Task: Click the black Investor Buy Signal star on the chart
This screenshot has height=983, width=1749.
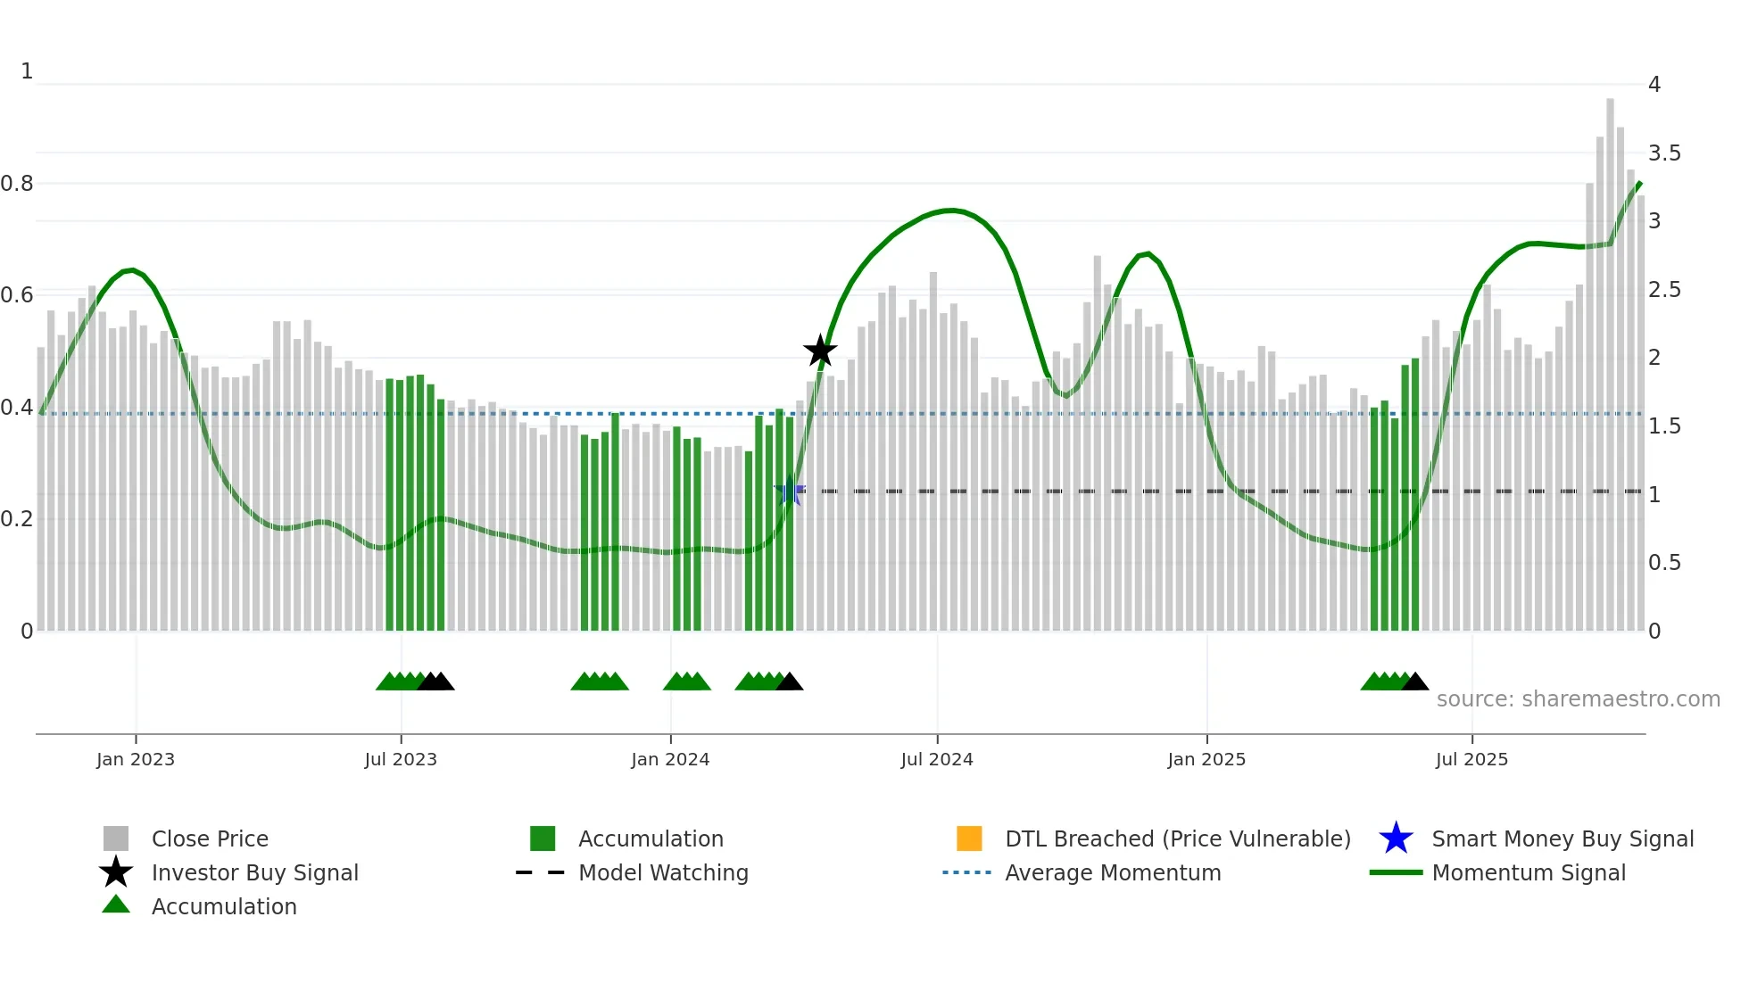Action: (820, 351)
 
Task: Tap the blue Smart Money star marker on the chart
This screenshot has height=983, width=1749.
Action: (790, 491)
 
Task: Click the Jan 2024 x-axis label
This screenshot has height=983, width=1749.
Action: (670, 759)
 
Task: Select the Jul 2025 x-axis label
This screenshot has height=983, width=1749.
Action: (1471, 759)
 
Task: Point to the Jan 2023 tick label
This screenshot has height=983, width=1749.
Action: (136, 759)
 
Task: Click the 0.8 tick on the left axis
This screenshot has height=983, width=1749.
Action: (17, 184)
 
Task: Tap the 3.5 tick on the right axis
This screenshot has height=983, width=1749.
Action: (1664, 153)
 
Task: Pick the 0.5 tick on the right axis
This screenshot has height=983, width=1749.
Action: (1664, 563)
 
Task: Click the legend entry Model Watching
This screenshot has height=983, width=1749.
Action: (663, 872)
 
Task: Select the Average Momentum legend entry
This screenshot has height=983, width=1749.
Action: (1113, 872)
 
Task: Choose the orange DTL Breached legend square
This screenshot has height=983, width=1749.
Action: (969, 838)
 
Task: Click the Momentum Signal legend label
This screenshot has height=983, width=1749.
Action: (1529, 872)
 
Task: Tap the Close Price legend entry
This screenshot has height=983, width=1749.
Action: (210, 838)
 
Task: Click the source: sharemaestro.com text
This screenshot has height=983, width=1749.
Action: (1578, 698)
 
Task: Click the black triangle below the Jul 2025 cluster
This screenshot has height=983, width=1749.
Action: (1415, 682)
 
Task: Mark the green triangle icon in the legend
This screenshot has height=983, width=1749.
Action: (116, 905)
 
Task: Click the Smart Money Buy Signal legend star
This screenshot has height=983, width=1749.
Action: (1396, 838)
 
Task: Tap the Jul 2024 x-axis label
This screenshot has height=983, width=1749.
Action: (937, 759)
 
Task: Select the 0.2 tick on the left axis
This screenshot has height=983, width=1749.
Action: (17, 519)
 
